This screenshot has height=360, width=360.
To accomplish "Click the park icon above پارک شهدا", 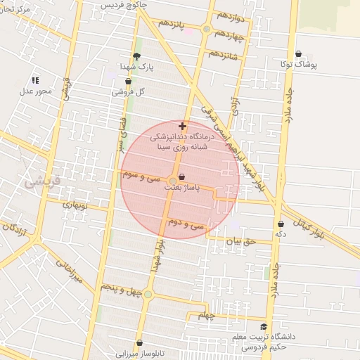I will tap(136, 56).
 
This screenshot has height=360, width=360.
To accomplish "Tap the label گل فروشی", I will tap(129, 92).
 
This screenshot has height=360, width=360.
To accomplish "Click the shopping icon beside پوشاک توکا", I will tap(299, 53).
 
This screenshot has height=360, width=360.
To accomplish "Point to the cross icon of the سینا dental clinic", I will tap(183, 126).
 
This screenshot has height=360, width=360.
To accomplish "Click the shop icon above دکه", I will tap(281, 224).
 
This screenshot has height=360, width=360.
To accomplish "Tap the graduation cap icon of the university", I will tap(264, 327).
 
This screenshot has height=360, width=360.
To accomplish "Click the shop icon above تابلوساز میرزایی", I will tap(139, 343).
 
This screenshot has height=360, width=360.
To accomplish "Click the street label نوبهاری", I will tap(70, 205).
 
